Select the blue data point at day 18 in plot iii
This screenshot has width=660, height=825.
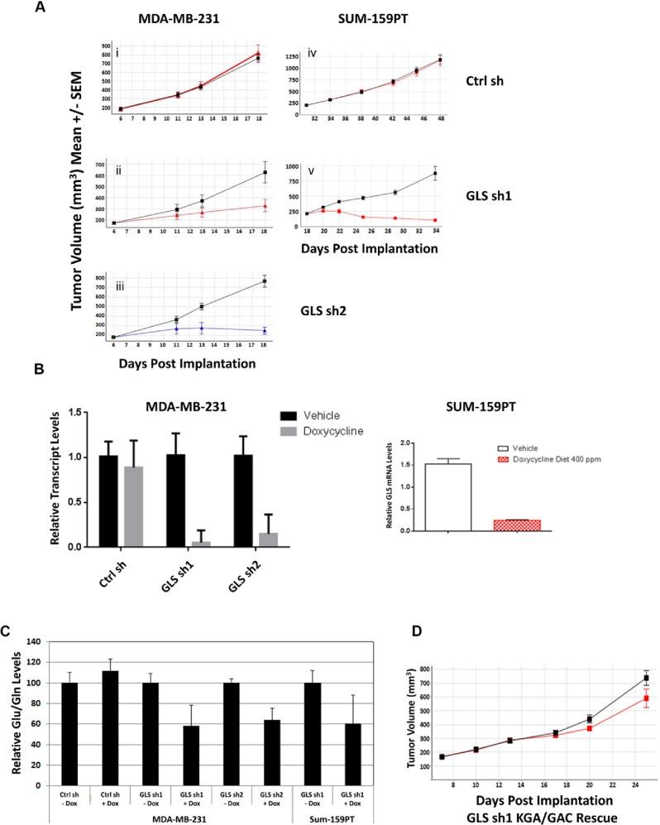264,330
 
